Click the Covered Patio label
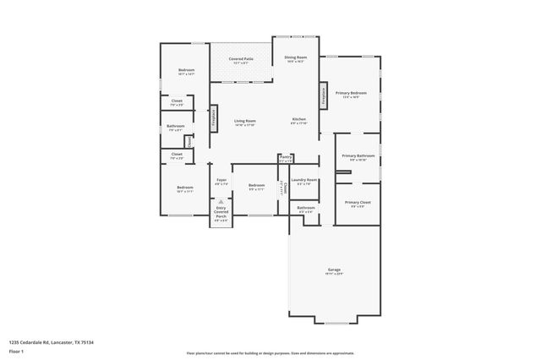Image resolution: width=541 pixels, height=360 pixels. tap(241, 61)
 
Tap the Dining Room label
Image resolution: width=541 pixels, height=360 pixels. tap(295, 59)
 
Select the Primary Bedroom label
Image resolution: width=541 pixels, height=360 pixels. tap(351, 95)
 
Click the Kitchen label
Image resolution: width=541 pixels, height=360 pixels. tap(298, 121)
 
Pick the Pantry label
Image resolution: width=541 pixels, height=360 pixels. tap(286, 158)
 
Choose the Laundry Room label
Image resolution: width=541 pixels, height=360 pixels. tap(304, 181)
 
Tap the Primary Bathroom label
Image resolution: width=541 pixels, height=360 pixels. tap(358, 158)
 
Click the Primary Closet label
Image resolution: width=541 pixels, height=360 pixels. tap(358, 204)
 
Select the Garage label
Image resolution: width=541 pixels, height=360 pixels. tap(334, 271)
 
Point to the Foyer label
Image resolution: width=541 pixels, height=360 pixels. tap(221, 181)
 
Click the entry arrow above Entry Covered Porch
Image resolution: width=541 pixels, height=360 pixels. tap(221, 201)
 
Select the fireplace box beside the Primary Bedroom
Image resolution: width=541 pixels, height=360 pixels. tap(322, 95)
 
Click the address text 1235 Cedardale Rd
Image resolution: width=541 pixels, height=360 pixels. tap(51, 342)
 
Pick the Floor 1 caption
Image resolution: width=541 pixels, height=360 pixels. tap(17, 351)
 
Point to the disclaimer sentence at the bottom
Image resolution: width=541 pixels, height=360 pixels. tap(270, 352)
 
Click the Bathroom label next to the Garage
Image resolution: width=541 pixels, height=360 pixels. tap(305, 209)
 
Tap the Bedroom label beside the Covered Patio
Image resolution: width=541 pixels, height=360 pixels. tap(186, 72)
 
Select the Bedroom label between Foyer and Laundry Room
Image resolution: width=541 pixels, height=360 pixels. tap(257, 188)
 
